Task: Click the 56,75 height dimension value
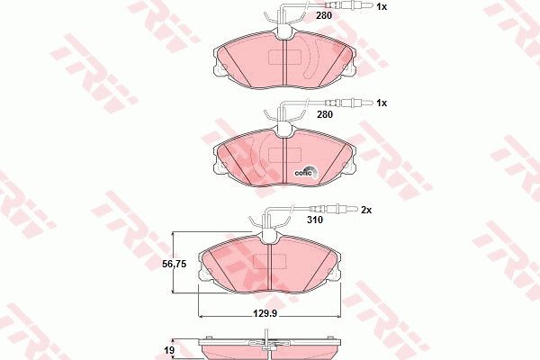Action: click(175, 265)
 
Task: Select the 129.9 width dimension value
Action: click(265, 313)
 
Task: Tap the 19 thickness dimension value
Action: click(169, 350)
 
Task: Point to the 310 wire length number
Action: click(315, 220)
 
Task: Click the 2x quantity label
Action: click(366, 210)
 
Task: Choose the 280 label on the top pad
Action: click(324, 15)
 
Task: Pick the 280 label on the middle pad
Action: click(325, 114)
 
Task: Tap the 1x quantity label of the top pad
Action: click(382, 6)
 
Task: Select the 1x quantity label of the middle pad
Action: click(382, 103)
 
